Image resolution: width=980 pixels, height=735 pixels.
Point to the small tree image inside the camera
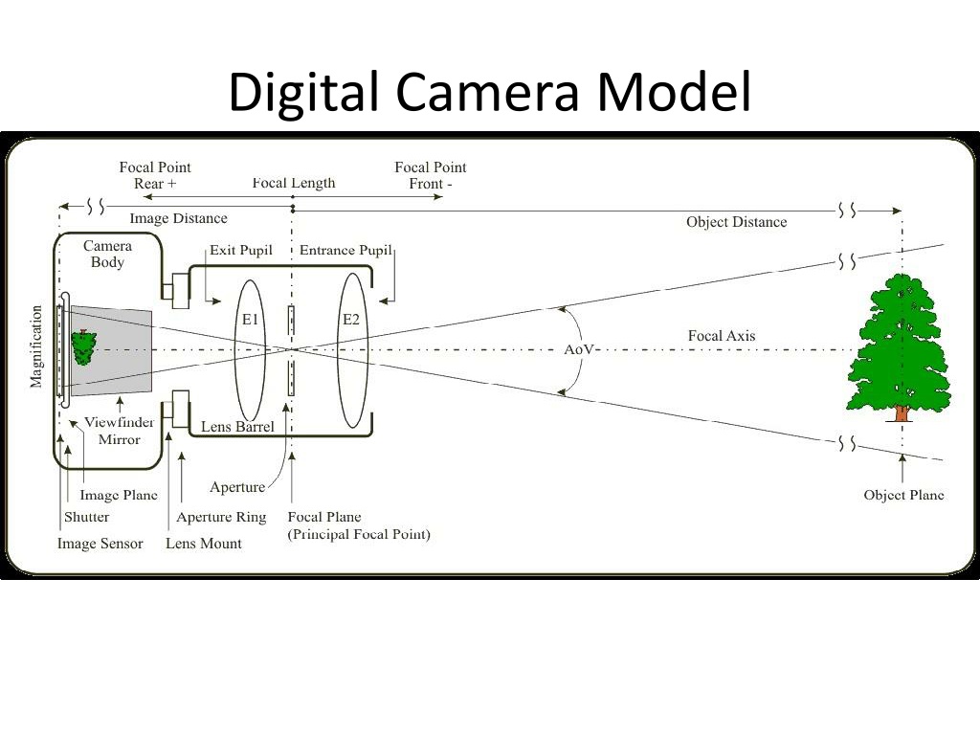tap(84, 346)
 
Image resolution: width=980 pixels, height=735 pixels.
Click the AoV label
tap(578, 349)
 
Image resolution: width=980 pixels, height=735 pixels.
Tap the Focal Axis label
tap(722, 336)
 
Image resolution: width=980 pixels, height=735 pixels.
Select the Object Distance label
tap(736, 222)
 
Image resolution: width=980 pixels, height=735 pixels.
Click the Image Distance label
tap(178, 219)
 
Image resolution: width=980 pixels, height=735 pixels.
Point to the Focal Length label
tap(294, 183)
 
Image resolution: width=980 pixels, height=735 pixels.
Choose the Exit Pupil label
tap(241, 251)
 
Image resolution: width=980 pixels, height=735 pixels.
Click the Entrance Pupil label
tap(345, 251)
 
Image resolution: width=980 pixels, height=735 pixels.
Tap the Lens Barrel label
tap(237, 427)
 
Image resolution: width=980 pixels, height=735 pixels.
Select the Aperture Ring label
tap(221, 518)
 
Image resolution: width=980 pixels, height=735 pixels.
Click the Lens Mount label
tap(204, 544)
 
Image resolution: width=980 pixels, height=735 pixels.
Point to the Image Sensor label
tap(100, 544)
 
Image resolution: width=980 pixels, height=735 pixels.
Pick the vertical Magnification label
tap(36, 346)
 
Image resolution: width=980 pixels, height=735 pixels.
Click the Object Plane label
tap(903, 495)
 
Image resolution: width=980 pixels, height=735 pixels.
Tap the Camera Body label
tap(107, 254)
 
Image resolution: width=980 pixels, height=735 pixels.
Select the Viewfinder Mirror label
tap(119, 431)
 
